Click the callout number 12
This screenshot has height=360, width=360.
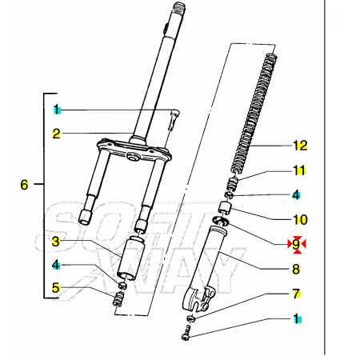300,146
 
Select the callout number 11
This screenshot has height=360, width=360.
299,170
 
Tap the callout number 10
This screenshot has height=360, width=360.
300,219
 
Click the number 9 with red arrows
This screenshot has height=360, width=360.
296,244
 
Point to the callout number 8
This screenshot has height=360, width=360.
296,269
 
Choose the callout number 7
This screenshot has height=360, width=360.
297,294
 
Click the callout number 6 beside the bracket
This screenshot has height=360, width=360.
24,185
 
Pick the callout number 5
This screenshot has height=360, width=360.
56,288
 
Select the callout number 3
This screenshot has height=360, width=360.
56,242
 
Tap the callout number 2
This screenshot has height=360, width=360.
56,134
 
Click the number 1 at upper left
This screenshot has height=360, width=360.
56,109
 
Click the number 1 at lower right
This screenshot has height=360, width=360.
296,318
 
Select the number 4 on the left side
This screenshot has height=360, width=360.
56,265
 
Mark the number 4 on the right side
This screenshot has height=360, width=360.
296,195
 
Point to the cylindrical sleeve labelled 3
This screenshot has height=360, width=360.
131,258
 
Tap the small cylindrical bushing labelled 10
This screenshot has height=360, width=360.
224,208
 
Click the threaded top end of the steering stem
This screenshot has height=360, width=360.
179,9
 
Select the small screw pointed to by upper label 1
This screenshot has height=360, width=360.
174,119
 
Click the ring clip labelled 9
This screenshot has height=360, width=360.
221,221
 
